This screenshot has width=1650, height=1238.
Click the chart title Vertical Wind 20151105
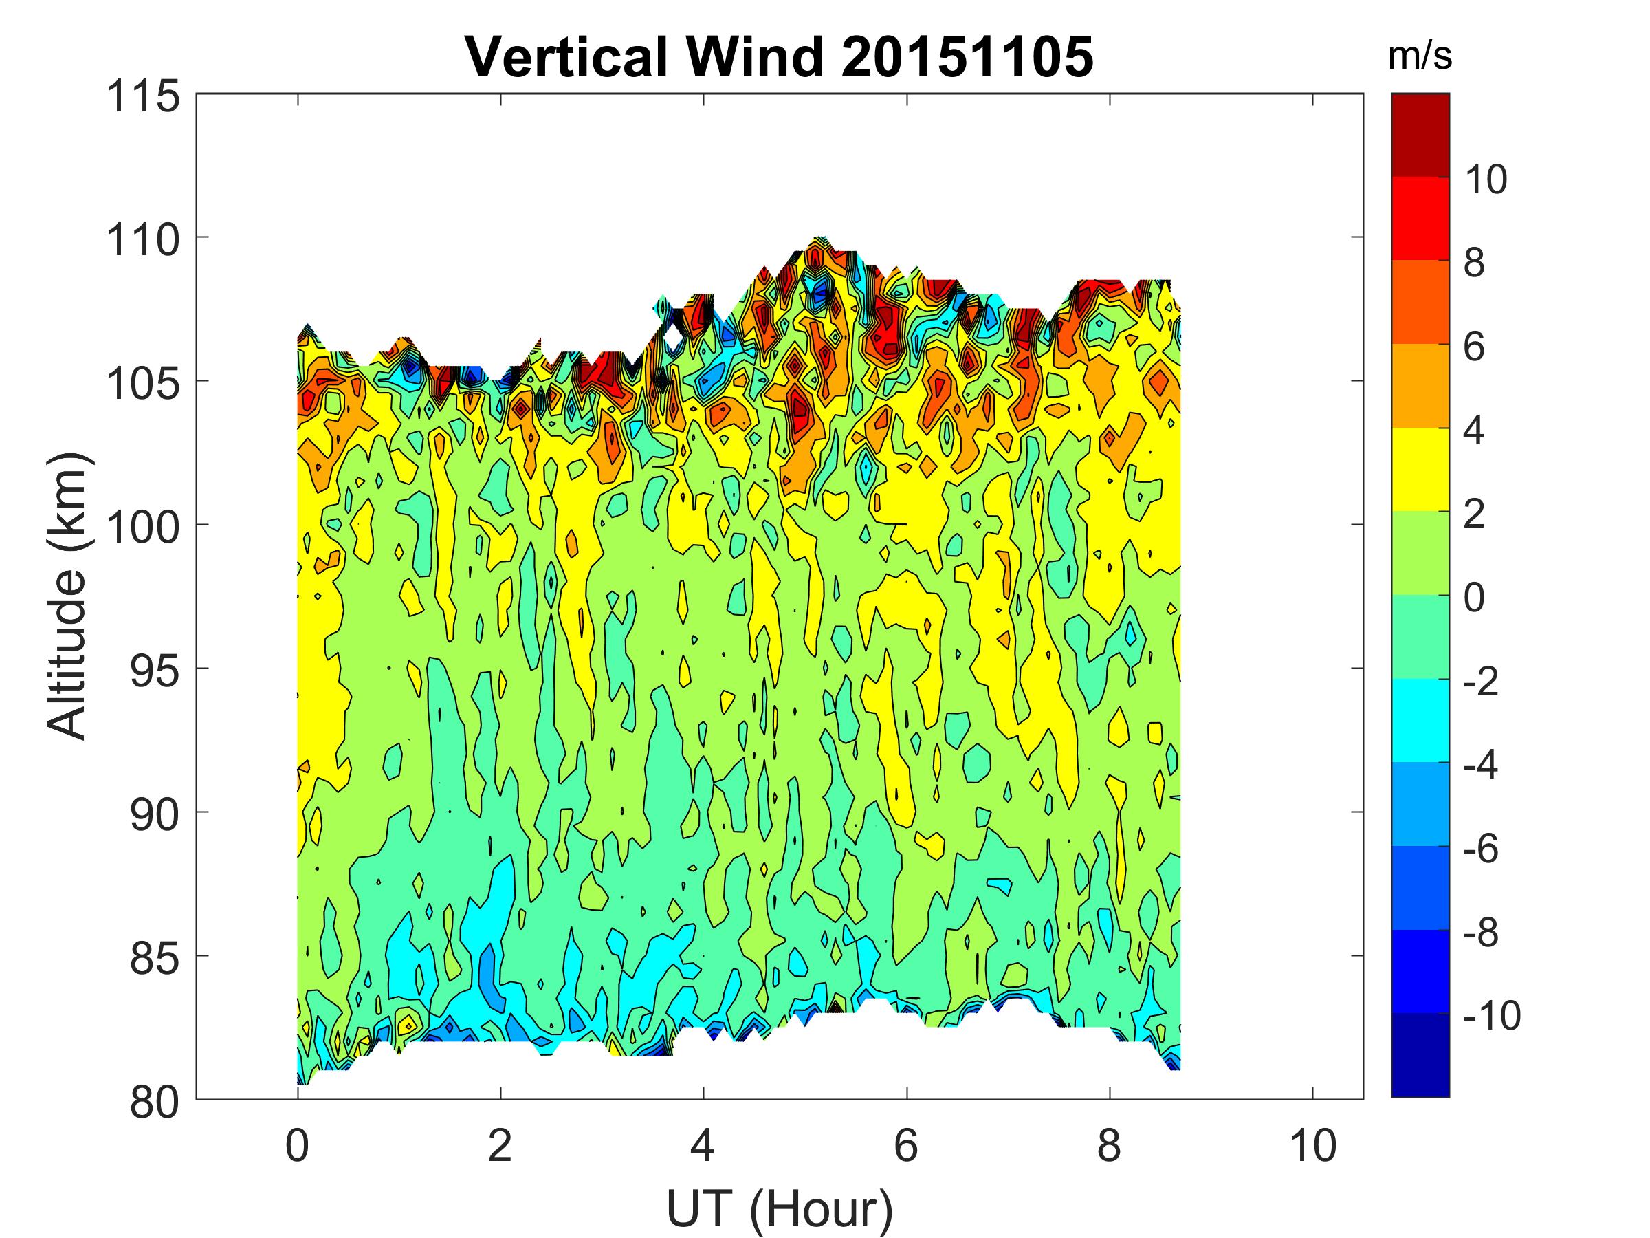pos(780,56)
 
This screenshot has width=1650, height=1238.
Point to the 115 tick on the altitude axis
pos(144,97)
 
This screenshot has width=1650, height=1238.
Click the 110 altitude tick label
pos(144,240)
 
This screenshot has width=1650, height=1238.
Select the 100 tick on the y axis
pos(144,528)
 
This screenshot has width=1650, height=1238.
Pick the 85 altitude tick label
pos(155,959)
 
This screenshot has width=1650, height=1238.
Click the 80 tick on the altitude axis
pos(155,1103)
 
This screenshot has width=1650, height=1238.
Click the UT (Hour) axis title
pos(780,1209)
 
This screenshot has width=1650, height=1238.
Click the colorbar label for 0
pos(1474,598)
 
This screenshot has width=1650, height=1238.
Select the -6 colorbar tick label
pos(1481,849)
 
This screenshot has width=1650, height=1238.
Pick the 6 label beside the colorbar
pos(1474,347)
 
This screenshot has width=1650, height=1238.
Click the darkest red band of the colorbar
pos(1420,135)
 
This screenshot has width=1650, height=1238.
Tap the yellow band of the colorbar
pos(1420,469)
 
